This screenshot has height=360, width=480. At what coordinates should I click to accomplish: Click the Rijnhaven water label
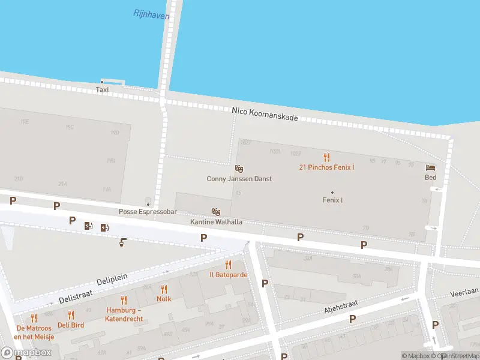tap(151, 14)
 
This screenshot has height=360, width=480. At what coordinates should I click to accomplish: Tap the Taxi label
tap(103, 89)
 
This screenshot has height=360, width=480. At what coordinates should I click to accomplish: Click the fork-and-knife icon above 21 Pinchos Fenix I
tap(326, 157)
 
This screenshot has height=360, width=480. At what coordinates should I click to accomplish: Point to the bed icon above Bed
tap(430, 167)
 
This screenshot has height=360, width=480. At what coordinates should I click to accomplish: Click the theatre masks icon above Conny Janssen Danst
tap(239, 169)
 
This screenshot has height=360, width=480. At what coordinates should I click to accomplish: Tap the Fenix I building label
tap(332, 200)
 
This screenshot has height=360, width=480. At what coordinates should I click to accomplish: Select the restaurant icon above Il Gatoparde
tap(228, 265)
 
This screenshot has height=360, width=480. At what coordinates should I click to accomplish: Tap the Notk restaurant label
tap(164, 298)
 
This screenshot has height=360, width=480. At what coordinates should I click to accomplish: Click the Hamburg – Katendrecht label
tap(124, 314)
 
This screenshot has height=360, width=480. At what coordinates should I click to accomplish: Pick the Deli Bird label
tap(71, 325)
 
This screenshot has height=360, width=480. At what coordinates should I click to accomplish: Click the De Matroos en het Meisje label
tap(35, 332)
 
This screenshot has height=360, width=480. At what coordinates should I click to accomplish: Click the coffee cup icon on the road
tap(122, 242)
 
